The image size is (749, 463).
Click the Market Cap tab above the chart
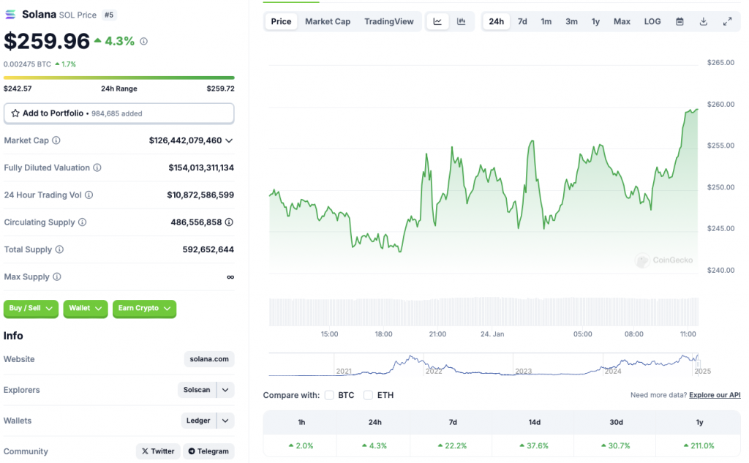(x=327, y=21)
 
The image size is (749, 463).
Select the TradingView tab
(x=388, y=21)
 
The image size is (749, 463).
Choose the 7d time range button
(x=522, y=21)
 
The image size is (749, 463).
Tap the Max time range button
(x=622, y=21)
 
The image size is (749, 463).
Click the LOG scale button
(x=652, y=21)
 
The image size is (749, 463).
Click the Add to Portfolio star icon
(x=15, y=113)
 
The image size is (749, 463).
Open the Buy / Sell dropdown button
(x=32, y=308)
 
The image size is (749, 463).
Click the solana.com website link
(x=209, y=359)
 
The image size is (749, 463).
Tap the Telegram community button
(x=208, y=451)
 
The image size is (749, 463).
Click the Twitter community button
(x=158, y=451)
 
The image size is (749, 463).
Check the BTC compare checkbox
(x=329, y=395)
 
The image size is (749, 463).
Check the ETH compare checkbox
(x=368, y=395)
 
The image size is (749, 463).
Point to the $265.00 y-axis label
(x=720, y=63)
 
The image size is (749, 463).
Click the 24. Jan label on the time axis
(x=492, y=334)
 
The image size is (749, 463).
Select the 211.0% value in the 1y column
(x=699, y=445)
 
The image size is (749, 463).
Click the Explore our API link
(x=715, y=395)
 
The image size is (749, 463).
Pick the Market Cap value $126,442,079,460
(x=185, y=140)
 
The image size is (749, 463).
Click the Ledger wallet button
(x=198, y=421)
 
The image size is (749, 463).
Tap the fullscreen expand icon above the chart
(x=727, y=21)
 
